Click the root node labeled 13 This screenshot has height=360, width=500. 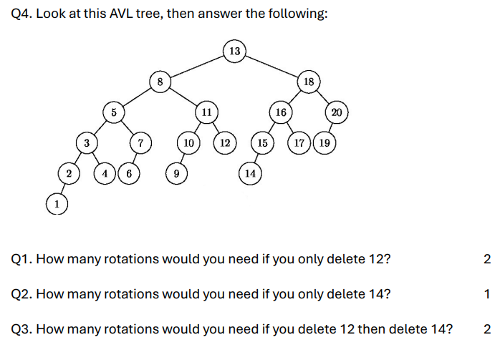pyautogui.click(x=235, y=51)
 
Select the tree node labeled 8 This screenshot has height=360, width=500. pyautogui.click(x=160, y=82)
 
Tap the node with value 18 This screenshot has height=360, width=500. pyautogui.click(x=309, y=82)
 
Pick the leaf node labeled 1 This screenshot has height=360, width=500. pyautogui.click(x=57, y=204)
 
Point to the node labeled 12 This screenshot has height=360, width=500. pyautogui.click(x=225, y=143)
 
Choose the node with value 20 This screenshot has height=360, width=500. pyautogui.click(x=337, y=112)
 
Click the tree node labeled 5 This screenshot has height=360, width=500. pyautogui.click(x=113, y=112)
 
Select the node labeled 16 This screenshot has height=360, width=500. pyautogui.click(x=281, y=112)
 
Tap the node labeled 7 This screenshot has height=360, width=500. pyautogui.click(x=141, y=143)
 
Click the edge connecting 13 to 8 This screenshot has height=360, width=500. pyautogui.click(x=197, y=66)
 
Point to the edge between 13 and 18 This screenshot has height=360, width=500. pyautogui.click(x=272, y=66)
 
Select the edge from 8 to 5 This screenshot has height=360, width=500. pyautogui.click(x=137, y=97)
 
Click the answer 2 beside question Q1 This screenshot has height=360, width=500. pyautogui.click(x=487, y=259)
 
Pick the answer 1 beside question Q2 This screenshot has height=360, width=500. pyautogui.click(x=487, y=294)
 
